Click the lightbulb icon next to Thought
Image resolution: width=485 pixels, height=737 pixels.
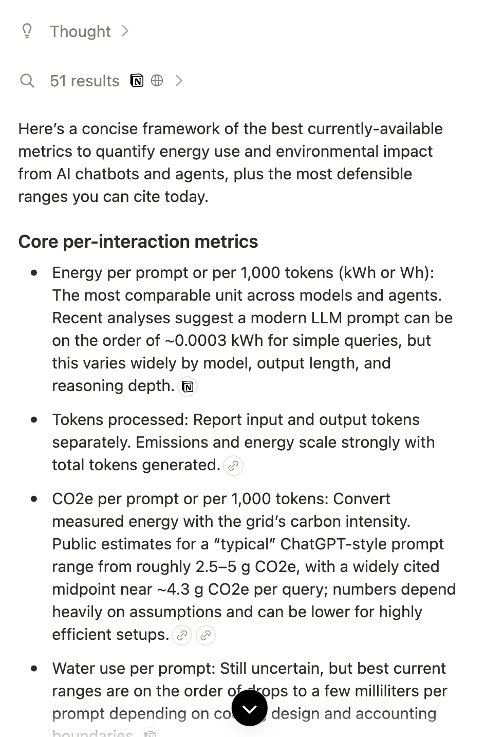[x=27, y=31]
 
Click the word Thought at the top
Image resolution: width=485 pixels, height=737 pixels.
[x=80, y=31]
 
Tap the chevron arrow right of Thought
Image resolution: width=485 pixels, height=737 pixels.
[x=125, y=31]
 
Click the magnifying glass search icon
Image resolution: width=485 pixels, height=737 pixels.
[x=27, y=81]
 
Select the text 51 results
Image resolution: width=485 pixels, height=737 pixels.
[x=84, y=81]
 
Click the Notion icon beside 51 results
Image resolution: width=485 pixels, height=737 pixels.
[x=137, y=81]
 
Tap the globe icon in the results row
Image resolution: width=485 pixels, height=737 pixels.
[x=157, y=81]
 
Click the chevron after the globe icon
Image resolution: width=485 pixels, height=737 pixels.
[x=179, y=81]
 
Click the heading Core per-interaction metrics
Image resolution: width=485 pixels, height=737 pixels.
[x=138, y=241]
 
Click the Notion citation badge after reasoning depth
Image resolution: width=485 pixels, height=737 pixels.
[x=188, y=386]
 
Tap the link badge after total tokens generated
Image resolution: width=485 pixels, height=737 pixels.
[x=233, y=466]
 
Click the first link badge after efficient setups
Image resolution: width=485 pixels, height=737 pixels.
[x=182, y=635]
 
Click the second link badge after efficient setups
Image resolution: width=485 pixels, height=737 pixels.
[x=206, y=635]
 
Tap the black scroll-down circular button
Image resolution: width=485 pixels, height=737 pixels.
[x=250, y=708]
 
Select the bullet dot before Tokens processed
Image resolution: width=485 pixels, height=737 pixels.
[x=34, y=420]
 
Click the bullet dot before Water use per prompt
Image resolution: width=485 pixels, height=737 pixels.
[x=34, y=669]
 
